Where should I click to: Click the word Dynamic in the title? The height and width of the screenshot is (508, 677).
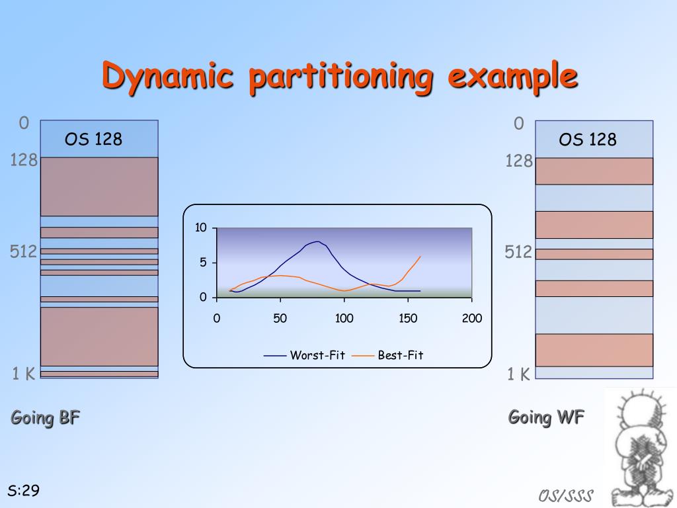point(168,77)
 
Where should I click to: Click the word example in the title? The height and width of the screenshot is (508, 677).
point(513,77)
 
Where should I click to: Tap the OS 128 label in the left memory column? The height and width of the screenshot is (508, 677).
point(93,139)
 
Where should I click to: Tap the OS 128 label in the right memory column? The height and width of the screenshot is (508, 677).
point(588,140)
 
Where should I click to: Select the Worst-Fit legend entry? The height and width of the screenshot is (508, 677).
point(304,355)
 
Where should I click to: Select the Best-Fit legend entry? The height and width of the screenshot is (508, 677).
point(387,355)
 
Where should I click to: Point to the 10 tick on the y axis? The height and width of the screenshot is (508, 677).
point(201,228)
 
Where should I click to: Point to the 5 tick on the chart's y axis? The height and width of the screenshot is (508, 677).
point(203,262)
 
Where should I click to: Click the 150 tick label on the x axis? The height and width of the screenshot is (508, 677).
point(408,318)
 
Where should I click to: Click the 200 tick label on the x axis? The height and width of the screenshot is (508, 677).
point(472,318)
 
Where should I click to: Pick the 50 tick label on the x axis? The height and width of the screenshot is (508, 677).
point(280,318)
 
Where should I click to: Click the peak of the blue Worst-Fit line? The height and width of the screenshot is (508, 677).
point(318,241)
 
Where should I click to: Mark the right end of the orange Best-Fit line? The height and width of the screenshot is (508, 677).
point(420,257)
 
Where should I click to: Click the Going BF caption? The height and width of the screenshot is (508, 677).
point(46,418)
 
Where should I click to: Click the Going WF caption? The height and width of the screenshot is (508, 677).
point(546,417)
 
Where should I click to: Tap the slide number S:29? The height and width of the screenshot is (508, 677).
point(24,490)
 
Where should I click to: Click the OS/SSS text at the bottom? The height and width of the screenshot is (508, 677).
point(566,495)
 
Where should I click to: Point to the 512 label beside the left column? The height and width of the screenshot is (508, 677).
point(23,251)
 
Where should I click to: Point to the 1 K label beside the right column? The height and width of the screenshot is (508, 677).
point(518,374)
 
